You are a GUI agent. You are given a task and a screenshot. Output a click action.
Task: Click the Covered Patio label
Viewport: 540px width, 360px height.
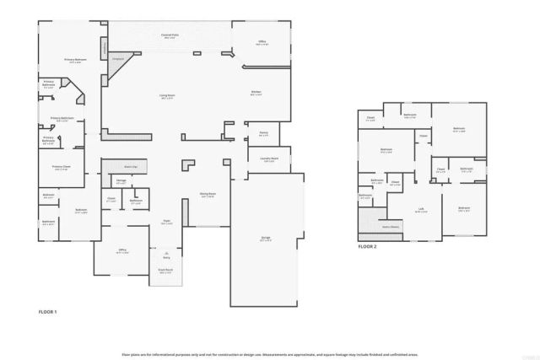click(x=169, y=36)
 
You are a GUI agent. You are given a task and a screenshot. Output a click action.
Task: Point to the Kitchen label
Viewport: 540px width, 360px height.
click(x=256, y=94)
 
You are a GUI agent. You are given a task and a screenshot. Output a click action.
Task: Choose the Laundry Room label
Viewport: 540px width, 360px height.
click(x=268, y=160)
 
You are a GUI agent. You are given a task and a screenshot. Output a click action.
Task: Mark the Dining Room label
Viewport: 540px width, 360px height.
click(x=208, y=195)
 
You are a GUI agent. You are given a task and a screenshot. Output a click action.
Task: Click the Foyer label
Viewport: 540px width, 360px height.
click(x=167, y=223)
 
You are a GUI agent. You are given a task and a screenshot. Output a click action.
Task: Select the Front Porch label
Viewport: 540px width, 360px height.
click(x=165, y=271)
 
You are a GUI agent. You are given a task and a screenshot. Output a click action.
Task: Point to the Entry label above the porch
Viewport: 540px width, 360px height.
click(x=166, y=257)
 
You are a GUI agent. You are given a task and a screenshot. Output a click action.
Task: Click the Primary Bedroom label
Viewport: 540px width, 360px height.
click(x=76, y=61)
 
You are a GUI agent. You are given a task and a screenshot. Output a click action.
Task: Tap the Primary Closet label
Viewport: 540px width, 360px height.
click(x=61, y=167)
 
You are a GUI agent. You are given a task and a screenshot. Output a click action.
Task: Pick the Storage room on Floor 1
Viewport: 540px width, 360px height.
click(x=121, y=181)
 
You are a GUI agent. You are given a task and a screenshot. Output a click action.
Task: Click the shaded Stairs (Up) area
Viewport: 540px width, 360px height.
click(x=131, y=166)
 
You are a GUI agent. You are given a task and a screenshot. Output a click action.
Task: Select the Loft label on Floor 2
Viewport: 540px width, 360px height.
click(x=420, y=211)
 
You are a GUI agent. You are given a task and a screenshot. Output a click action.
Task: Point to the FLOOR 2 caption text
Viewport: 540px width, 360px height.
click(x=367, y=246)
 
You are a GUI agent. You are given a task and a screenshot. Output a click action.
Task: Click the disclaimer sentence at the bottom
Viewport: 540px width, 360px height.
click(x=270, y=354)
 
